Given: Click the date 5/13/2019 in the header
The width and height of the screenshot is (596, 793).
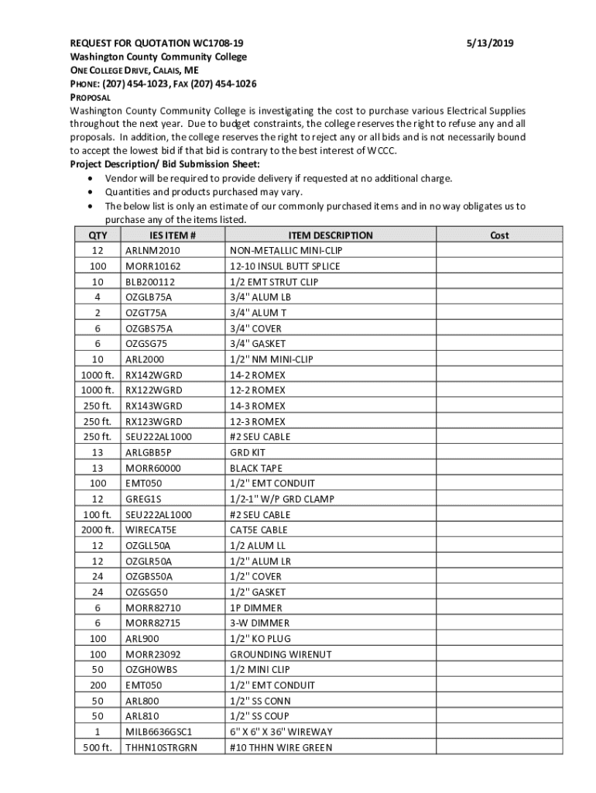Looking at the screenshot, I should point(492,43).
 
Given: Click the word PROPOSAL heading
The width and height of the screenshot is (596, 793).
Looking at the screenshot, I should point(91,98).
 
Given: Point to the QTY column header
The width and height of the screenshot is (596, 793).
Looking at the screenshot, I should point(98,235).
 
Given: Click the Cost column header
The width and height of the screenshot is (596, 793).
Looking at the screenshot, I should point(499,235).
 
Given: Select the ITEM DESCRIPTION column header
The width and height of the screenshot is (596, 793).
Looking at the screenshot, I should point(331,235).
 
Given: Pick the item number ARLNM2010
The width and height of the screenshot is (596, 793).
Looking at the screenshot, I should point(152,251).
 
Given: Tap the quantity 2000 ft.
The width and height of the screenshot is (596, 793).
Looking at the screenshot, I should point(98,530).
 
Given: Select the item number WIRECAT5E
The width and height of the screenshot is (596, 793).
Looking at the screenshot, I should point(152,530).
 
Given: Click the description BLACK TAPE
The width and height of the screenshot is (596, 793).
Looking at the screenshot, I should point(256,469).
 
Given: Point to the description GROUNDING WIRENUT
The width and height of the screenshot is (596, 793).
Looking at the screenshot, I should point(280,654).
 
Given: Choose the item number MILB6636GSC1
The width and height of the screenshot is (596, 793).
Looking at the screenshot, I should point(159,732).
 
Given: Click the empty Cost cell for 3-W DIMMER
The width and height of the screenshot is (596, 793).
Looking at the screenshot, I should point(499,623).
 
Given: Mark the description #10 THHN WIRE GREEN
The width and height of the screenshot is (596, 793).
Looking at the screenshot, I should point(281,747).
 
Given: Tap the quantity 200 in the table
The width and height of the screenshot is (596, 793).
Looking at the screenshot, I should point(98,685).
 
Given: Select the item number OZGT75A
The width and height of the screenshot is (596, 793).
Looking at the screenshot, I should point(146,313).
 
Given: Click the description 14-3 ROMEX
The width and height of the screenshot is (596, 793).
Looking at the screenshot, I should point(257,406).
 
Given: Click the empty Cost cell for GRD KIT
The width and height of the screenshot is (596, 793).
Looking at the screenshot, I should point(499,452).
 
